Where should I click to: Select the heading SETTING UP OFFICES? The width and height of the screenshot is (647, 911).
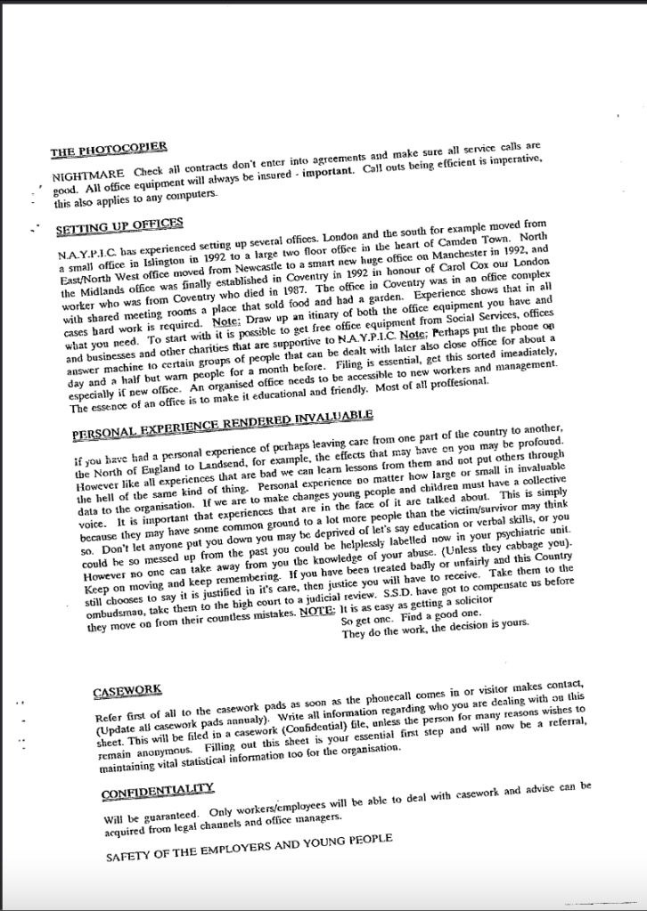pos(119,223)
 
